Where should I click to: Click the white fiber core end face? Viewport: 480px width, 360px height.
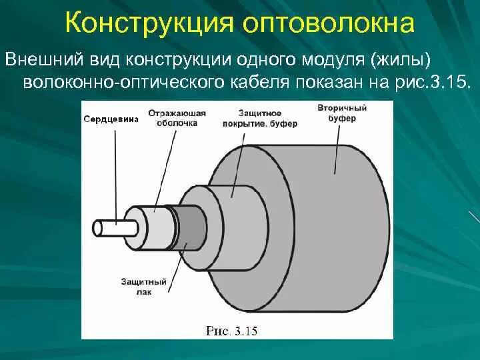(x=98, y=228)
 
